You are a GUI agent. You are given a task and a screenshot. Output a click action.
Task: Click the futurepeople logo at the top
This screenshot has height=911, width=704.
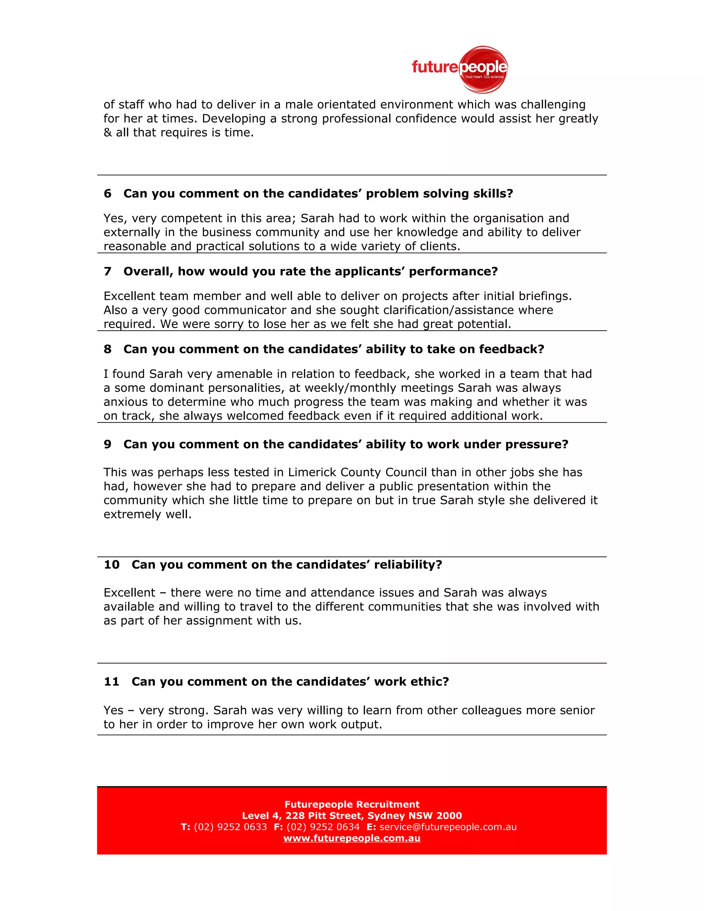tap(460, 69)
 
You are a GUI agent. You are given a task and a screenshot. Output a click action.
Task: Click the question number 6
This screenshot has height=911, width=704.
tap(108, 194)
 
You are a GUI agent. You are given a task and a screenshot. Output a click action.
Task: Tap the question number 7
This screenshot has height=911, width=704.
tap(108, 272)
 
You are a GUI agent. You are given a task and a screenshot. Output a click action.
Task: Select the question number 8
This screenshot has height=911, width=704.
tap(108, 349)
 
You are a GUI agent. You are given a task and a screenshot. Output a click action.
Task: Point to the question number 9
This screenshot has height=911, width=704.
tap(108, 444)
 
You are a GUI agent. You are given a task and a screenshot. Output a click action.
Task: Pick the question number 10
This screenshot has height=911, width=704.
tap(112, 564)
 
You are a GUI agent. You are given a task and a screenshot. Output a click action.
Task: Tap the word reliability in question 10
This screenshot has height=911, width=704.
tap(407, 564)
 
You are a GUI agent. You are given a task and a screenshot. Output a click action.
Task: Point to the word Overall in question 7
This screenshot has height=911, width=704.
tap(148, 272)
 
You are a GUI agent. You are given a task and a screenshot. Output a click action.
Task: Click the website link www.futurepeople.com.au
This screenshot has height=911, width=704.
tap(352, 838)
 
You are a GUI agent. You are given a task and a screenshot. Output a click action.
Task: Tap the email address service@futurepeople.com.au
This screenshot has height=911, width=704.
tap(448, 827)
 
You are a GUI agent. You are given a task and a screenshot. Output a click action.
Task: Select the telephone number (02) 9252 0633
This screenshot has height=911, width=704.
tap(230, 827)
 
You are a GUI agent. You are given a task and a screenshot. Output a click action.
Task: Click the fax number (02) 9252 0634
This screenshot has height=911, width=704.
tap(323, 827)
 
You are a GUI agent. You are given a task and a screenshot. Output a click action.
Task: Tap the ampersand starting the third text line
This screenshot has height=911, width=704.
tap(108, 133)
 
